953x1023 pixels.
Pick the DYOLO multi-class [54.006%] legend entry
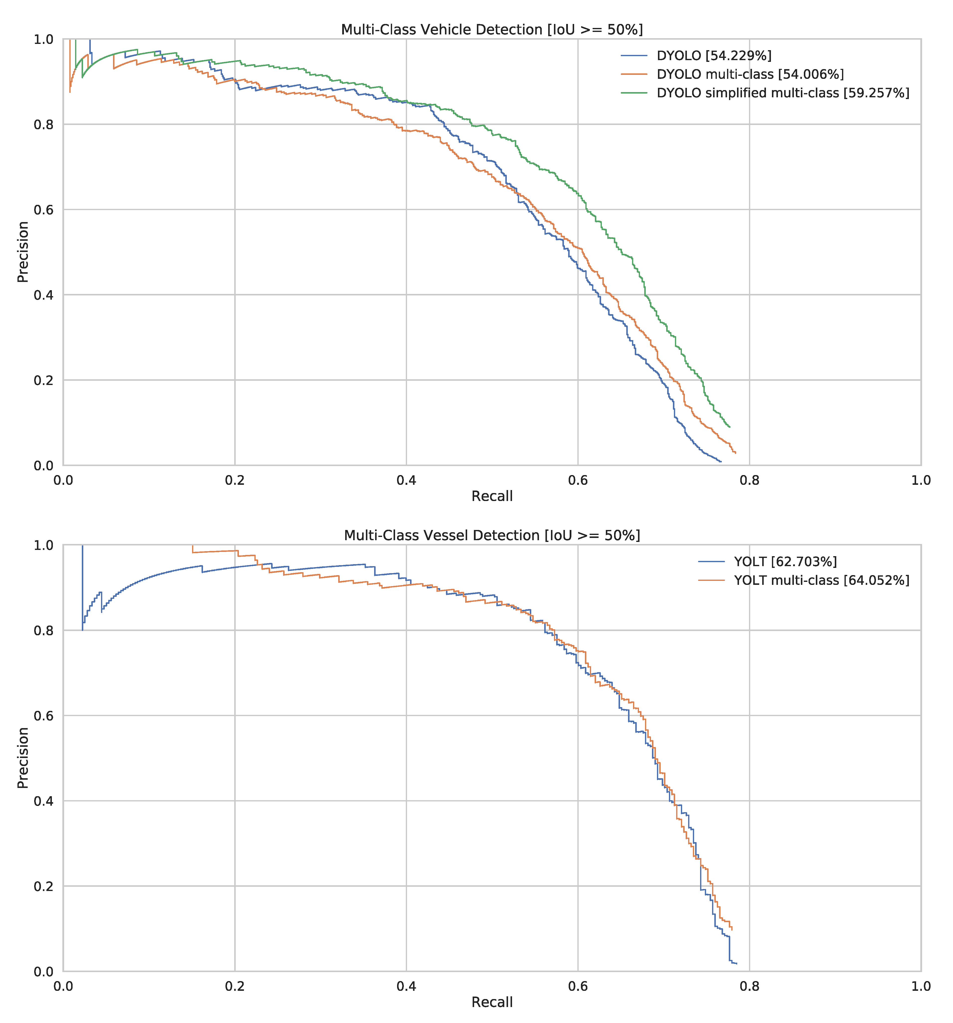tap(750, 74)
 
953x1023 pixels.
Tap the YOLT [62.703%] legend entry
tap(785, 561)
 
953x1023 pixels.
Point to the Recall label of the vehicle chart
tap(492, 496)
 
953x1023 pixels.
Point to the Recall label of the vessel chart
tap(492, 1002)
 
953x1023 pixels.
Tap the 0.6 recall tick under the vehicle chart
tap(578, 480)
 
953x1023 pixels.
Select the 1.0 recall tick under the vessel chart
tap(921, 986)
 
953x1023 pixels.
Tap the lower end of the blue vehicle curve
tap(721, 462)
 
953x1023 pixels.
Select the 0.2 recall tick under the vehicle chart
tap(234, 480)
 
